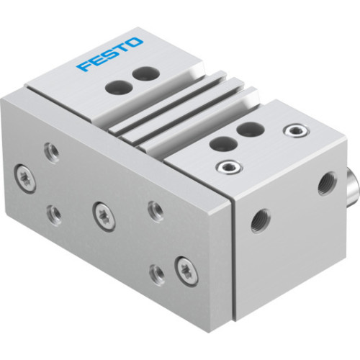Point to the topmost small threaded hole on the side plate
[x=51, y=150]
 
